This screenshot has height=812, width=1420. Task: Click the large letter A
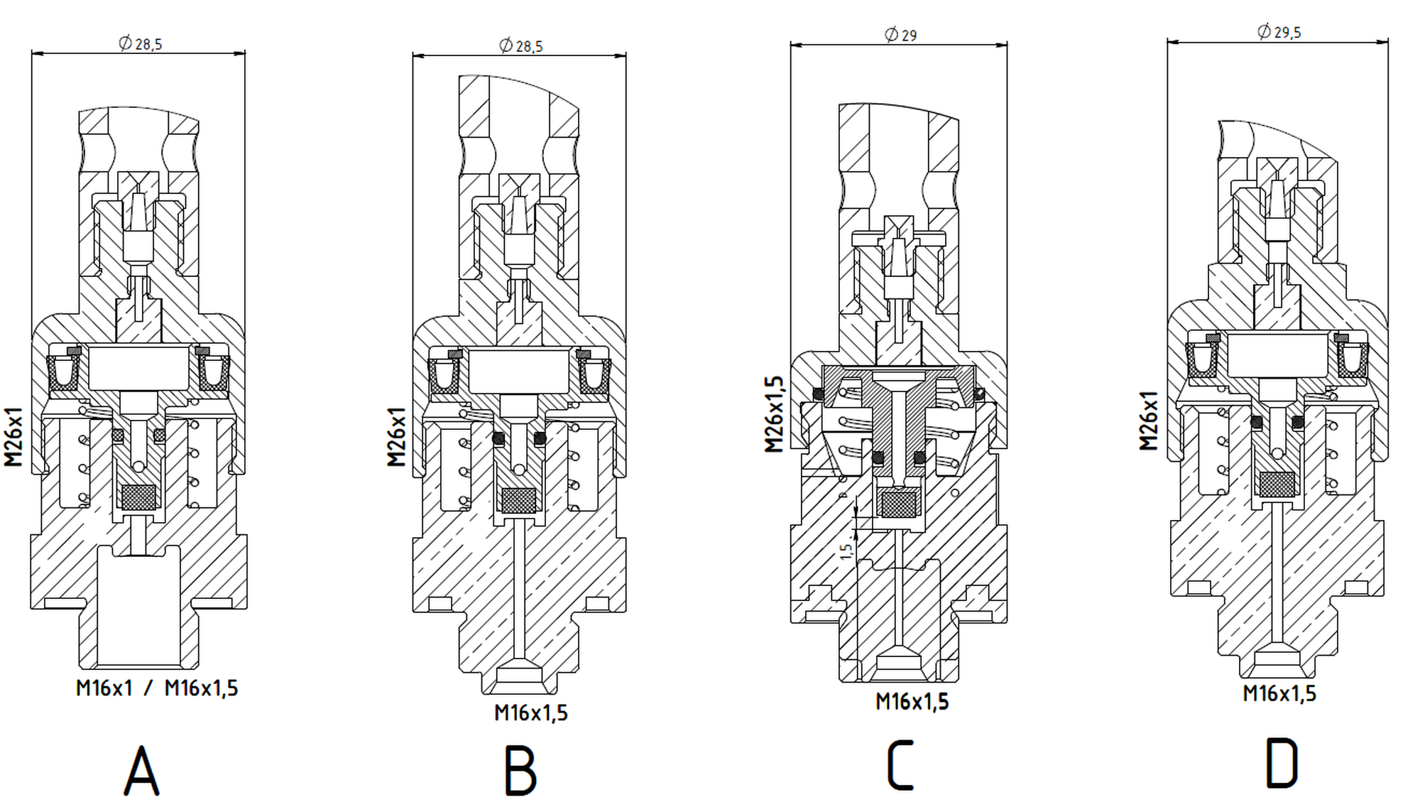coord(141,770)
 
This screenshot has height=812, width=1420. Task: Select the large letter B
coord(520,770)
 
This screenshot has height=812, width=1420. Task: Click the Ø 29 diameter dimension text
coord(901,34)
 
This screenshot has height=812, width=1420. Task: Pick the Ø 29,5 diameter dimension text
coord(1279,32)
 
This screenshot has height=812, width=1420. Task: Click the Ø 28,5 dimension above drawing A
coord(141,44)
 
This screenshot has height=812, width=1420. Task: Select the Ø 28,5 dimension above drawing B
coord(521,46)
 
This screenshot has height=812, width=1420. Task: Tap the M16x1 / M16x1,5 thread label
coord(157,688)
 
